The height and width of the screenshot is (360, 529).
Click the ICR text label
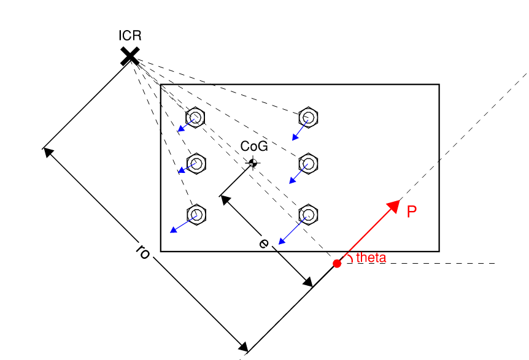click(130, 36)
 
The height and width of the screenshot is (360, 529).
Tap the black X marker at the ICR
click(130, 56)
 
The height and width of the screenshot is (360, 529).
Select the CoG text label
click(254, 147)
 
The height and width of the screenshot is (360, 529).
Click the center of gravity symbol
click(253, 163)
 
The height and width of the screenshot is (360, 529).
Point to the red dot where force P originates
click(337, 264)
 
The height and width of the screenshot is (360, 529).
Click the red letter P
click(412, 212)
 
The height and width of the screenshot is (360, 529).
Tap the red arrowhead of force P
click(393, 206)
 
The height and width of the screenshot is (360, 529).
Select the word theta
click(371, 258)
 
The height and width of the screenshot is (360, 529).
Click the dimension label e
click(264, 243)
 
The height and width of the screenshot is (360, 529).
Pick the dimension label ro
click(143, 252)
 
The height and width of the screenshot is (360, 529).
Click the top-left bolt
click(195, 117)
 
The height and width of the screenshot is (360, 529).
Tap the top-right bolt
click(308, 117)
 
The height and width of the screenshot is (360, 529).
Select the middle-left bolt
click(196, 164)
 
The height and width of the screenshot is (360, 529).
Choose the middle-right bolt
click(308, 164)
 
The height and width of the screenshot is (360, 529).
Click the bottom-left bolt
click(196, 215)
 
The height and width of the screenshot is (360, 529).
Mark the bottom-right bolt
click(308, 215)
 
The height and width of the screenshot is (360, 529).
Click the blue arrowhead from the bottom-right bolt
click(282, 240)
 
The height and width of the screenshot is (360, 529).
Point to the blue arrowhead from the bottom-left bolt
click(174, 229)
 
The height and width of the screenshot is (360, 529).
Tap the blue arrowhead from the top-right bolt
click(295, 137)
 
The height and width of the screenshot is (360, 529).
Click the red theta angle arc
click(350, 257)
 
